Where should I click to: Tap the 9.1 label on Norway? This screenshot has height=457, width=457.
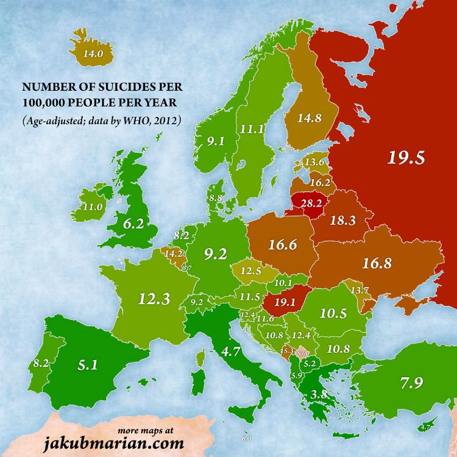[x=214, y=141]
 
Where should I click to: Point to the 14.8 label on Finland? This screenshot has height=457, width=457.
[x=309, y=119]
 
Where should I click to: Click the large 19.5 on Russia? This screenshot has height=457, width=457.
[x=406, y=157]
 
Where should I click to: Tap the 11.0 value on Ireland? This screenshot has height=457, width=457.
[x=92, y=207]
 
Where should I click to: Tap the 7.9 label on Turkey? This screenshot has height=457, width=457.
[x=413, y=383]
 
